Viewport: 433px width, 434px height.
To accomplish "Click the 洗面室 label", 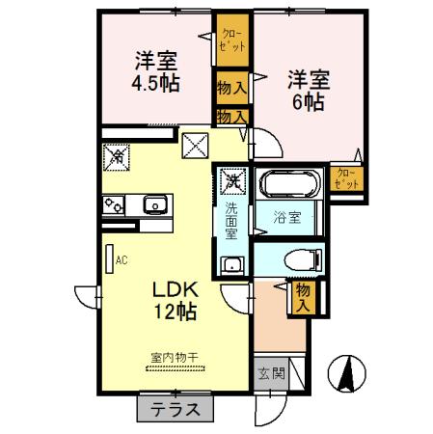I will point(231,220).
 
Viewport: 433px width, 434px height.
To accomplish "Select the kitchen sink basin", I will point(153,204).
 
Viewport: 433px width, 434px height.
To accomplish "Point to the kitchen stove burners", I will point(113,204).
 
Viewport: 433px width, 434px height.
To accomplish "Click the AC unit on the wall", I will point(109,258).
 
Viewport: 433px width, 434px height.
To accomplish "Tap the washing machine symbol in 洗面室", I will point(231,180).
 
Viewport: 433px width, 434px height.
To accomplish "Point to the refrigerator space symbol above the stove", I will point(117,155).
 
